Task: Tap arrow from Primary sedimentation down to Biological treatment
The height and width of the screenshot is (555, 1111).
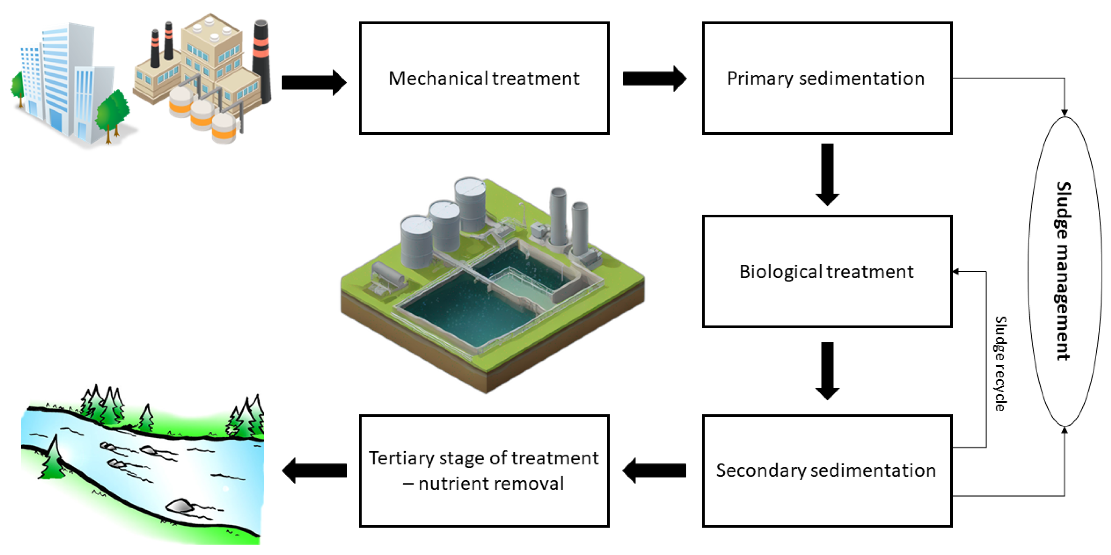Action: point(827,175)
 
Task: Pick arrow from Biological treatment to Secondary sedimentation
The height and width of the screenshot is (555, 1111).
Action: point(827,371)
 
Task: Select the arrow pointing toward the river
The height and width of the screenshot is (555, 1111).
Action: point(314,471)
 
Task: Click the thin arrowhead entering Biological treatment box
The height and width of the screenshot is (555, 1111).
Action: point(956,272)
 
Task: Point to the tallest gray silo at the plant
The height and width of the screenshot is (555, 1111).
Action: point(470,205)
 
